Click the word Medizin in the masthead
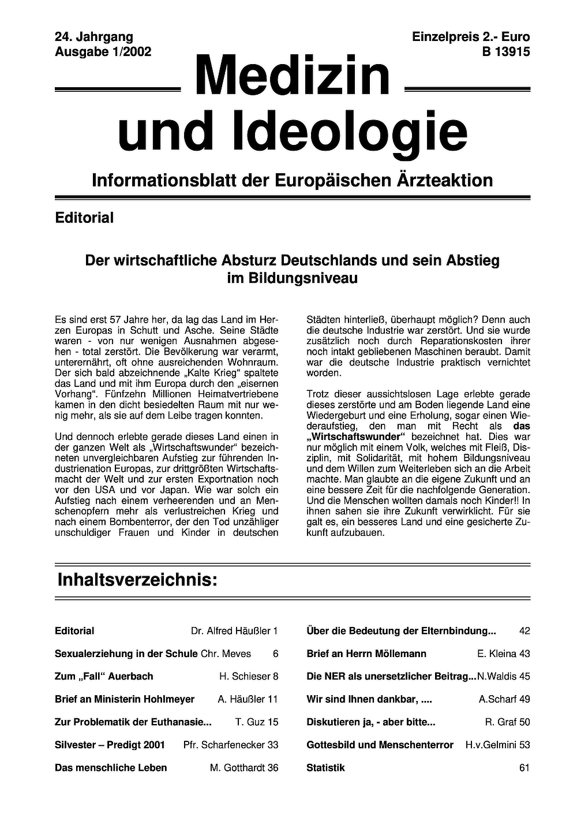[x=293, y=77]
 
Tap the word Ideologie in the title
[x=350, y=132]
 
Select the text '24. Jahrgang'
[x=94, y=38]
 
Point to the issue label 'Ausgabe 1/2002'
[x=103, y=52]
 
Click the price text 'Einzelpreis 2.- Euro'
[x=471, y=38]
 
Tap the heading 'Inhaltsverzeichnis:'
[x=137, y=580]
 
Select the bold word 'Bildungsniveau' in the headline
[x=293, y=278]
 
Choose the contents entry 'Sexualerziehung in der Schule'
[x=126, y=654]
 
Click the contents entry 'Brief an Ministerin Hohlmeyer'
[x=125, y=699]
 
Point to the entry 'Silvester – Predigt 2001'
[x=110, y=745]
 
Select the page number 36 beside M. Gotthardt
[x=272, y=767]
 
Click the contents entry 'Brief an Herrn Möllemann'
[x=366, y=654]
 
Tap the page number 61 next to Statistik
[x=524, y=767]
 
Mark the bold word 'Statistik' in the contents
[x=325, y=767]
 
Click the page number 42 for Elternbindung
[x=524, y=631]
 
